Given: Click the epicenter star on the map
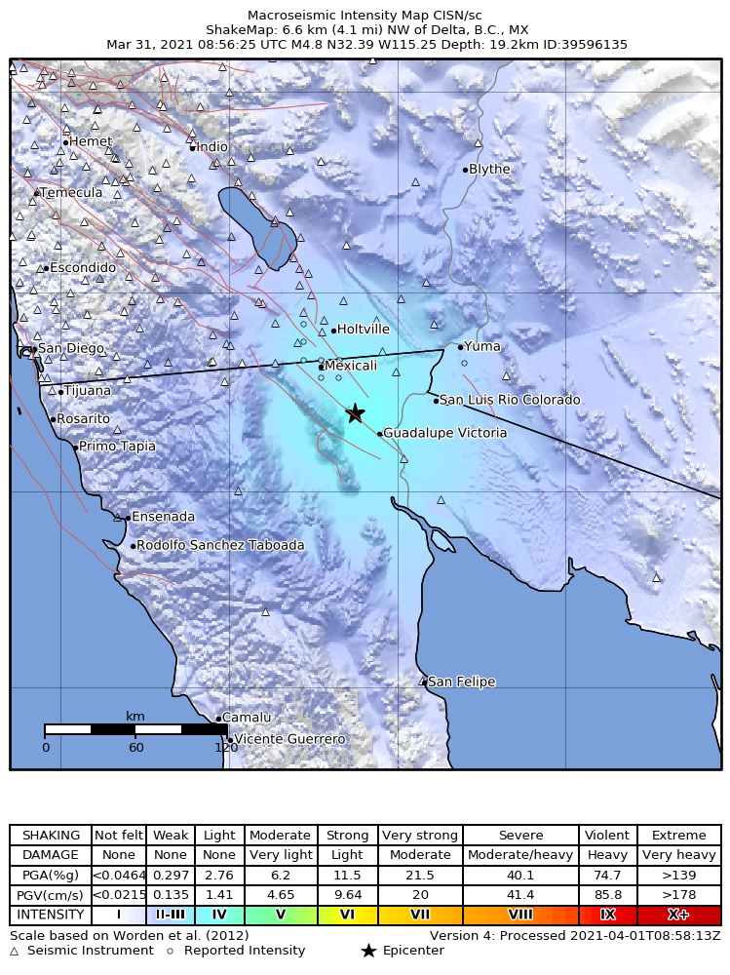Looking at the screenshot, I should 355,413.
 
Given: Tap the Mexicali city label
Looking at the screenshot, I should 350,366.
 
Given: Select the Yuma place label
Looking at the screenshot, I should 481,346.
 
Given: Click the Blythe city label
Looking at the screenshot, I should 489,170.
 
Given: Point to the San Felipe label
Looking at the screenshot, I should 461,682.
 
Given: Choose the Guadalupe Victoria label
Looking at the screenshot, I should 444,433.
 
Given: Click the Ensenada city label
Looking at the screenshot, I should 163,517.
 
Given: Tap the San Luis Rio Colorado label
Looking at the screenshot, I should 510,400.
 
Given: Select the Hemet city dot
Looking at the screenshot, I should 65,142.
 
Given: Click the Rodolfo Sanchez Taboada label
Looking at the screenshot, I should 220,546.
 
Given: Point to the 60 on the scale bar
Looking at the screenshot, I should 135,748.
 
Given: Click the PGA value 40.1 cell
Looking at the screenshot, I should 520,876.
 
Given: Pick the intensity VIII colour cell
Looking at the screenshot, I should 520,916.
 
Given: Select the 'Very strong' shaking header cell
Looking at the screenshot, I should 419,836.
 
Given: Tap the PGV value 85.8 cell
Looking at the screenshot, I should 607,895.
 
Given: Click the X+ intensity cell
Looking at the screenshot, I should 678,916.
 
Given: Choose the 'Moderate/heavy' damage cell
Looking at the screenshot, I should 520,855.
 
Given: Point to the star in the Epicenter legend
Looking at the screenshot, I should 368,951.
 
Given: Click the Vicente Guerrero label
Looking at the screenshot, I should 289,740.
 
